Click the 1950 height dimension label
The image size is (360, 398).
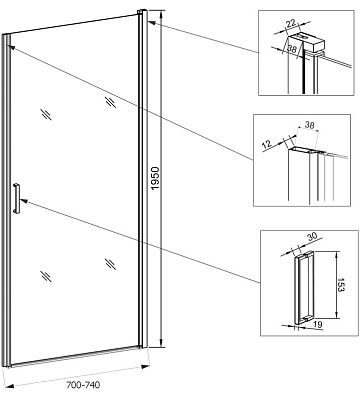pyautogui.click(x=156, y=179)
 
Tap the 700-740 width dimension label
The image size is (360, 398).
pyautogui.click(x=83, y=385)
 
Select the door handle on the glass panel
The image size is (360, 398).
pyautogui.click(x=16, y=198)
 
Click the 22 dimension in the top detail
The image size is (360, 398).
pyautogui.click(x=291, y=23)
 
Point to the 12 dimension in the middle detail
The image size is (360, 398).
pyautogui.click(x=266, y=145)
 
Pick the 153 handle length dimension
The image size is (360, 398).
pyautogui.click(x=340, y=285)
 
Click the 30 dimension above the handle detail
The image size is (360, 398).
pyautogui.click(x=312, y=237)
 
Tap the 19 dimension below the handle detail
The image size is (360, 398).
pyautogui.click(x=318, y=324)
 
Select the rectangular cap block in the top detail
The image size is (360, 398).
pyautogui.click(x=307, y=41)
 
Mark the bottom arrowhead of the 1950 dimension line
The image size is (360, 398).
pyautogui.click(x=162, y=343)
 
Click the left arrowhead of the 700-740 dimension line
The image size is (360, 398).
pyautogui.click(x=10, y=386)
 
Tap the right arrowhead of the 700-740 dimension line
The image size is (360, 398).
pyautogui.click(x=145, y=367)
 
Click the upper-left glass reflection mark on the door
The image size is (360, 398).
pyautogui.click(x=46, y=114)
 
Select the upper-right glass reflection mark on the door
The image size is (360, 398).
pyautogui.click(x=111, y=102)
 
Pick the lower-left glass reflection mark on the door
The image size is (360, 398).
pyautogui.click(x=46, y=276)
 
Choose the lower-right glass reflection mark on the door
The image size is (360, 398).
pyautogui.click(x=110, y=264)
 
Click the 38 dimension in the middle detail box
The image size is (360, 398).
pyautogui.click(x=309, y=125)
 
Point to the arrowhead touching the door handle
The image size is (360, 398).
pyautogui.click(x=24, y=201)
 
